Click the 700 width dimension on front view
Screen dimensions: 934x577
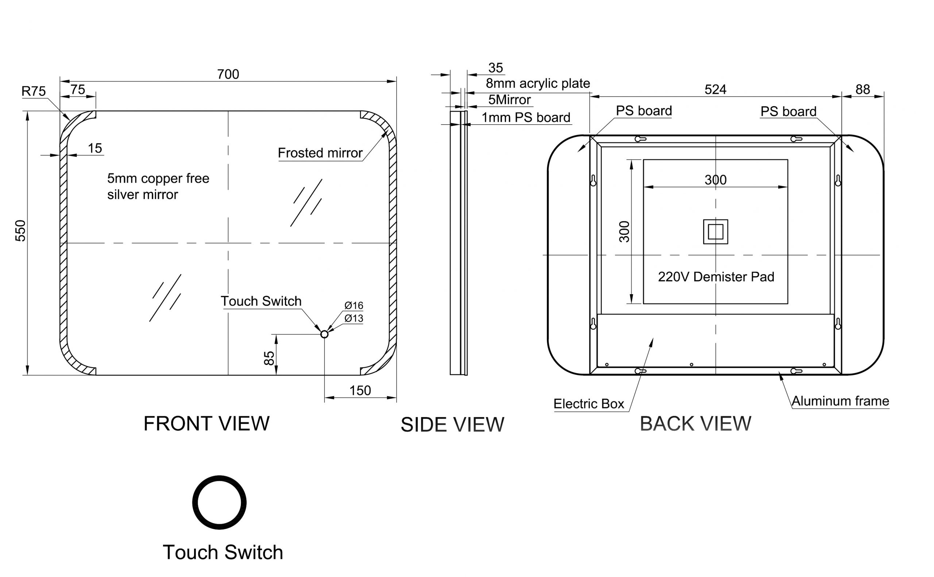[228, 74]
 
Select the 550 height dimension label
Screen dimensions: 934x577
[20, 231]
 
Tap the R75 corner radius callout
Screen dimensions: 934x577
[34, 91]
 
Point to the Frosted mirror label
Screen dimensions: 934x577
[320, 153]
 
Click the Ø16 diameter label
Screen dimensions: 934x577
[354, 305]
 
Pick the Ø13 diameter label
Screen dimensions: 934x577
[354, 318]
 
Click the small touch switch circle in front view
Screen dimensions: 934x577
[324, 334]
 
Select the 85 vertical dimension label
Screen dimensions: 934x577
[269, 358]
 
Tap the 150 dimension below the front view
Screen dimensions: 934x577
[360, 390]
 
